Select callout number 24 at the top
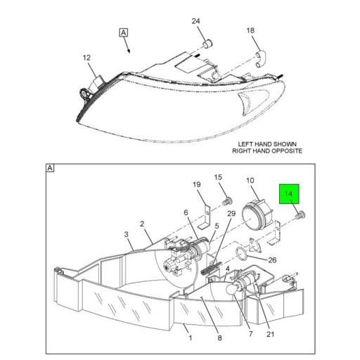point(196,22)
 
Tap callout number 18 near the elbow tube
point(250,30)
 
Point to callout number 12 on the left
point(86,58)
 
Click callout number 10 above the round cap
point(250,181)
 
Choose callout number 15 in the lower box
point(217,177)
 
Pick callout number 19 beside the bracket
point(197,185)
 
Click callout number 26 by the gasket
point(272,259)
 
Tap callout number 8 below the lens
point(219,338)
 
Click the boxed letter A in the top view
point(124,32)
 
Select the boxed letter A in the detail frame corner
point(50,168)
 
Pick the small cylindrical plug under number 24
point(207,45)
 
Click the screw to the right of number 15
point(228,201)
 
